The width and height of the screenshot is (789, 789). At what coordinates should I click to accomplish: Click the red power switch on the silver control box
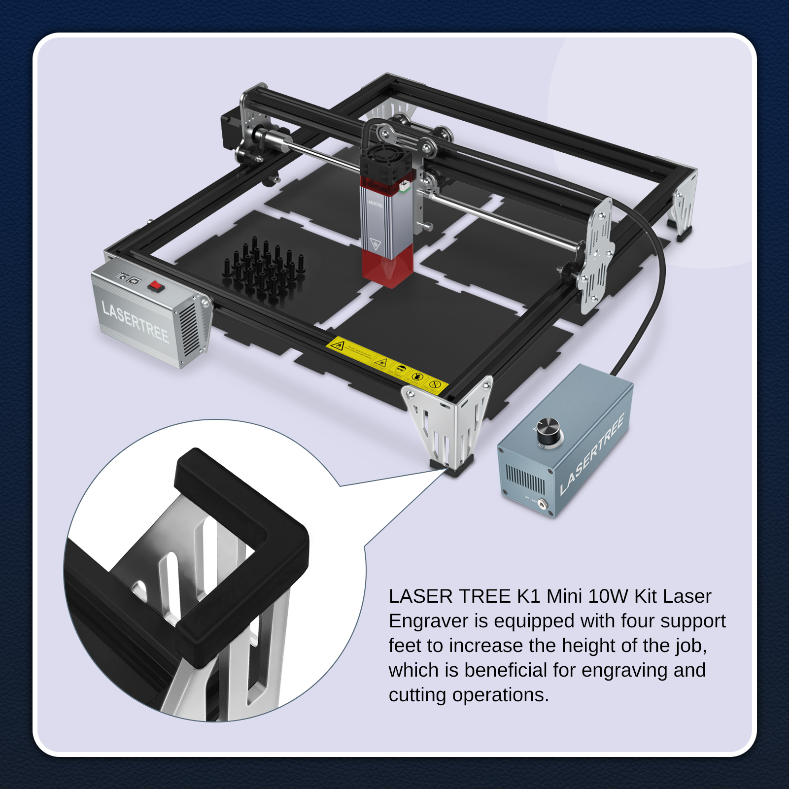[156, 286]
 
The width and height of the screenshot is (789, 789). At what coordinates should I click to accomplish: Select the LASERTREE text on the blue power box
[592, 454]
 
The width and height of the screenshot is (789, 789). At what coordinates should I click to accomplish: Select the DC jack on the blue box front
[542, 504]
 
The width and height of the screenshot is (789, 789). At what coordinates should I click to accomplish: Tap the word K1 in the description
[528, 596]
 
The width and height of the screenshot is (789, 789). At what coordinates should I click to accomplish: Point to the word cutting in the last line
[417, 695]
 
